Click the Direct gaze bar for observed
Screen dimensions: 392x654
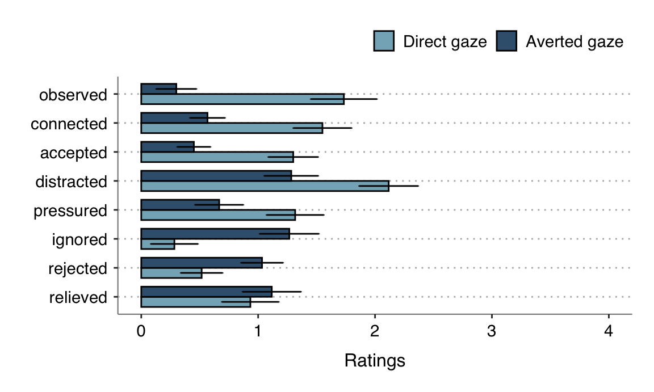(x=242, y=99)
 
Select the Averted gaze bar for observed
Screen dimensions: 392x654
(x=158, y=89)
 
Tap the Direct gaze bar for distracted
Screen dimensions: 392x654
(x=265, y=186)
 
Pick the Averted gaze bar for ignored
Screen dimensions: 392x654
(x=215, y=234)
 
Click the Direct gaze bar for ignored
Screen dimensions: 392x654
(x=157, y=244)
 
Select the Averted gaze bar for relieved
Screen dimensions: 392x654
(x=206, y=292)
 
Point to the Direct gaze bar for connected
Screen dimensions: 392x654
(x=232, y=128)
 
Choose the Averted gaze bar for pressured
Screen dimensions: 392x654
(x=180, y=205)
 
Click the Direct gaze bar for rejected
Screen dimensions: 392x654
(x=171, y=273)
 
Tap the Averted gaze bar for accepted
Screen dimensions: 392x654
(x=167, y=147)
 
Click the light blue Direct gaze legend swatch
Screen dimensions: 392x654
(x=384, y=41)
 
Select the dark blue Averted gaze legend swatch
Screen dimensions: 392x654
(x=506, y=41)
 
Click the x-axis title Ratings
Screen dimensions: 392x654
(x=375, y=361)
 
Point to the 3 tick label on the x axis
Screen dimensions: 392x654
(x=492, y=332)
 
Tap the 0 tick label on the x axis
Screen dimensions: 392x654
(x=141, y=332)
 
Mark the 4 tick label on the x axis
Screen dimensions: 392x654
(x=609, y=332)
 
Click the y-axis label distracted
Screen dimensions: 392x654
(x=71, y=182)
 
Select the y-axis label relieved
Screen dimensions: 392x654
(x=78, y=297)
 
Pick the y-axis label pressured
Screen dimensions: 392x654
(x=70, y=211)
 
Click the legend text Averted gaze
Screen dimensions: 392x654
(x=574, y=42)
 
